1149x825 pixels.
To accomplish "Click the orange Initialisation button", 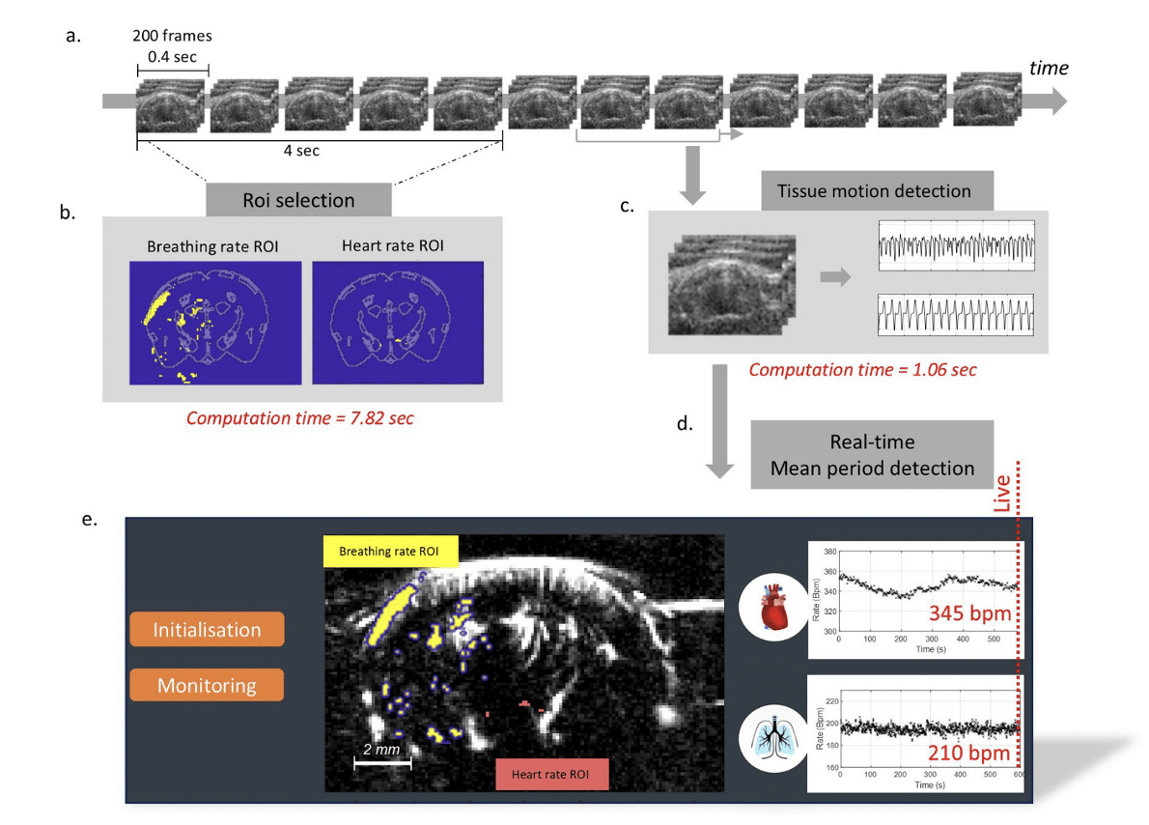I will click(207, 630).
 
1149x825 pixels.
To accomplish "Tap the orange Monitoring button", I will click(207, 686).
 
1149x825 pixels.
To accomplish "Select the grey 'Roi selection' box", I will click(298, 200).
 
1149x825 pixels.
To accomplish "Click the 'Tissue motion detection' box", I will click(877, 190).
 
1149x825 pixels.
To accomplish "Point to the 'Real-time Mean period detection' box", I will click(872, 454).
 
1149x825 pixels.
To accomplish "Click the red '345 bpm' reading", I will click(968, 613).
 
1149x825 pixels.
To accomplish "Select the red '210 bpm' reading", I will click(968, 753).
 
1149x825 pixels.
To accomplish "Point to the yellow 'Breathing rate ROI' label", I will click(389, 553).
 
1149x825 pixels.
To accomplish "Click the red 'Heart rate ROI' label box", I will click(551, 774).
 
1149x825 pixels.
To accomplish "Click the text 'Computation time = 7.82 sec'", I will click(299, 418).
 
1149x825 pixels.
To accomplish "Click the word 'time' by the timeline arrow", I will click(1049, 68).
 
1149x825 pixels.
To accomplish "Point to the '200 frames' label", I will click(173, 37).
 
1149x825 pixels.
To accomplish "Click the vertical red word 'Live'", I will click(1002, 494).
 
